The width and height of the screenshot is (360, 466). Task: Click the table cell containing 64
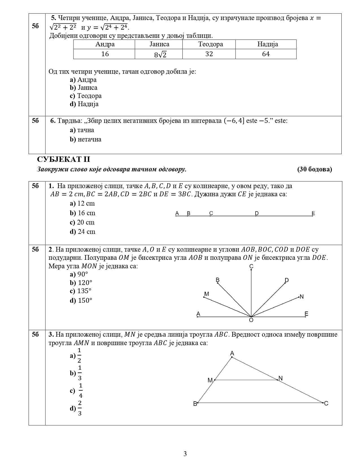coord(266,54)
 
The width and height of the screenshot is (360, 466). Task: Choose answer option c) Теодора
coord(86,96)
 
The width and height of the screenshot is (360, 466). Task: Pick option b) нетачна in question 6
coord(86,139)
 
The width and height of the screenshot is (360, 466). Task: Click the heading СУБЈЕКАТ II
coord(64,159)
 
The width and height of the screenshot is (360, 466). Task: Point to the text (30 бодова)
coord(315,169)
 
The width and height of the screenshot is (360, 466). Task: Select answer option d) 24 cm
coord(82,232)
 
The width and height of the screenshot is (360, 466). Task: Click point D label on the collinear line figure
coord(257,213)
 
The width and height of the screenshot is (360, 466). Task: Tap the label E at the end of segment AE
coord(313,213)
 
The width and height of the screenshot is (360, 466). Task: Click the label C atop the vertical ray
coord(251,266)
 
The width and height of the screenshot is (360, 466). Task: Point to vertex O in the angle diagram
coord(251,320)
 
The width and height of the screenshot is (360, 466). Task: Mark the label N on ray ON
coord(302,297)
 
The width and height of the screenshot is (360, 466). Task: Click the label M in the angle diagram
coord(206,294)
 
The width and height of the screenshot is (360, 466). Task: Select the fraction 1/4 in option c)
coord(80,391)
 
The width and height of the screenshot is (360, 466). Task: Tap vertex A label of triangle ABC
coord(232,353)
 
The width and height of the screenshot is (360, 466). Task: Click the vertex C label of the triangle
coord(326,403)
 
